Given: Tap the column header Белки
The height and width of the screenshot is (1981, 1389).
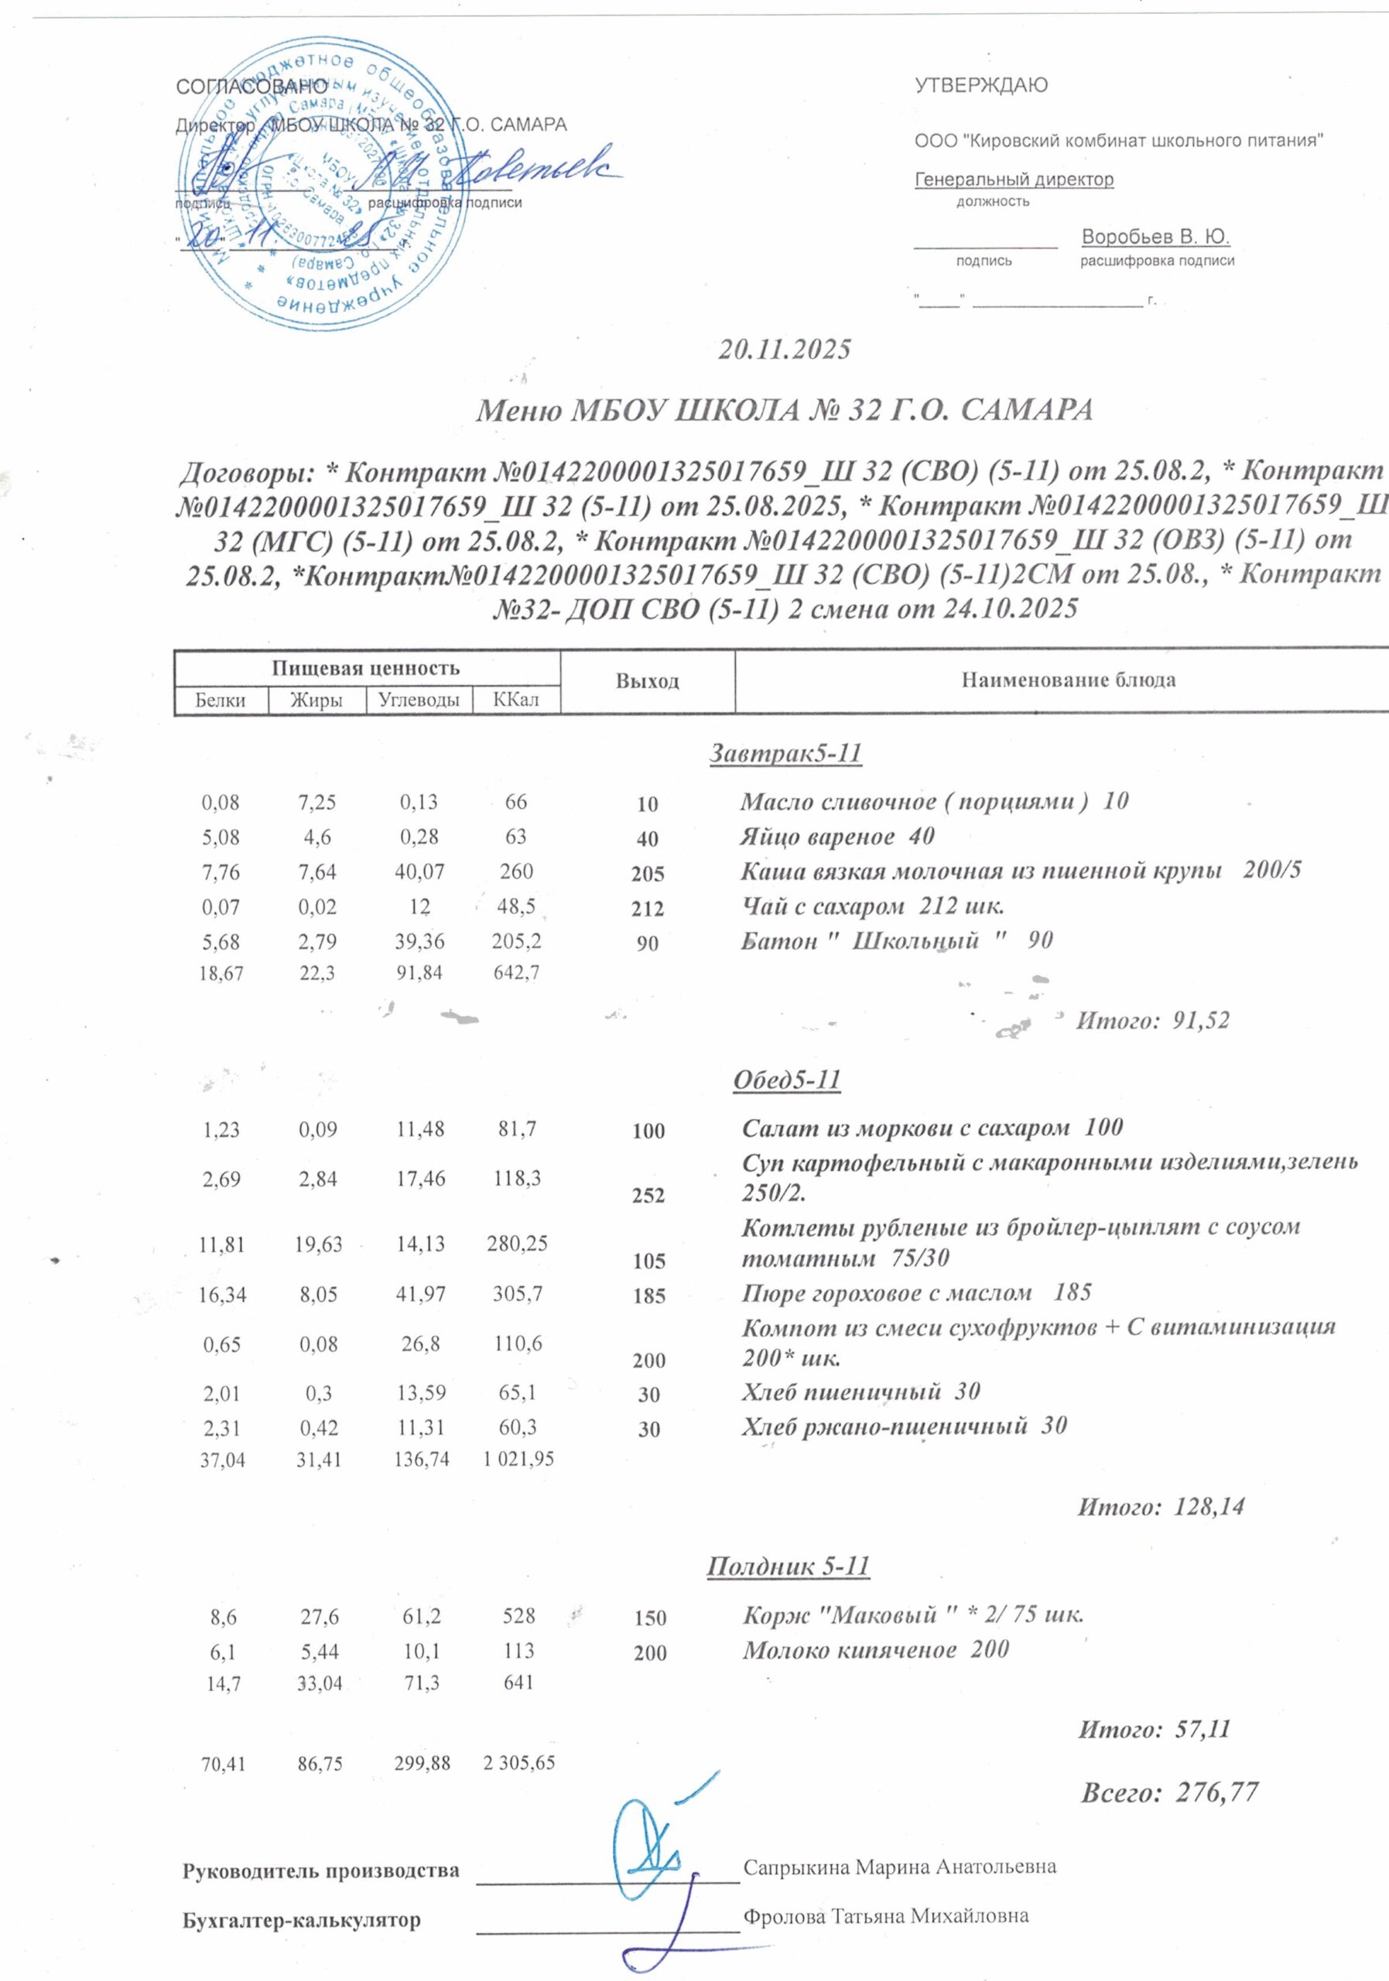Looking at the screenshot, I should (x=220, y=700).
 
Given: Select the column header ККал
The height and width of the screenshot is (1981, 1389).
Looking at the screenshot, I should (x=516, y=700).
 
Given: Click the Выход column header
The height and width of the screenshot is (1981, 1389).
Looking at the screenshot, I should (x=647, y=682).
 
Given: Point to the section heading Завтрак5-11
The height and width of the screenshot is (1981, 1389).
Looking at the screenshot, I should (x=785, y=753).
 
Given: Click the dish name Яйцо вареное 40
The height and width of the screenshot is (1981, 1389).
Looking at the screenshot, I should (x=836, y=837).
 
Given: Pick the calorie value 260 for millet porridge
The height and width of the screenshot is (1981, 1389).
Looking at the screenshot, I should (x=516, y=871).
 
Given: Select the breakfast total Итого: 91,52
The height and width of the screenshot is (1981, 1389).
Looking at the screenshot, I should (x=1151, y=1021).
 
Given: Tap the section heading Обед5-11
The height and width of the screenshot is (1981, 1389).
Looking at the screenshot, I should (x=786, y=1080).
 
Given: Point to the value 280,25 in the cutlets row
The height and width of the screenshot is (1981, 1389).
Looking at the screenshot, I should (x=516, y=1244).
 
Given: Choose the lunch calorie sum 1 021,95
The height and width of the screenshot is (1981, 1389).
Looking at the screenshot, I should (x=518, y=1459).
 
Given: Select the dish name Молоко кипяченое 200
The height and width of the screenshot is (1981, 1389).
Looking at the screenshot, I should (x=876, y=1650).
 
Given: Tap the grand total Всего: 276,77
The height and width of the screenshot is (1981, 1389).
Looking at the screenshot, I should (x=1169, y=1792).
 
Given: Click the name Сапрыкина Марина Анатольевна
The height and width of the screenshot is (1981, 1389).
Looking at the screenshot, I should (x=900, y=1867).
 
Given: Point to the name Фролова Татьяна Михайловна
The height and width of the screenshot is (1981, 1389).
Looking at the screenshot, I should (x=886, y=1916).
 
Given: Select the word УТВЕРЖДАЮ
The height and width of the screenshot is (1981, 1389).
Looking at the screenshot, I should (x=981, y=85).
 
